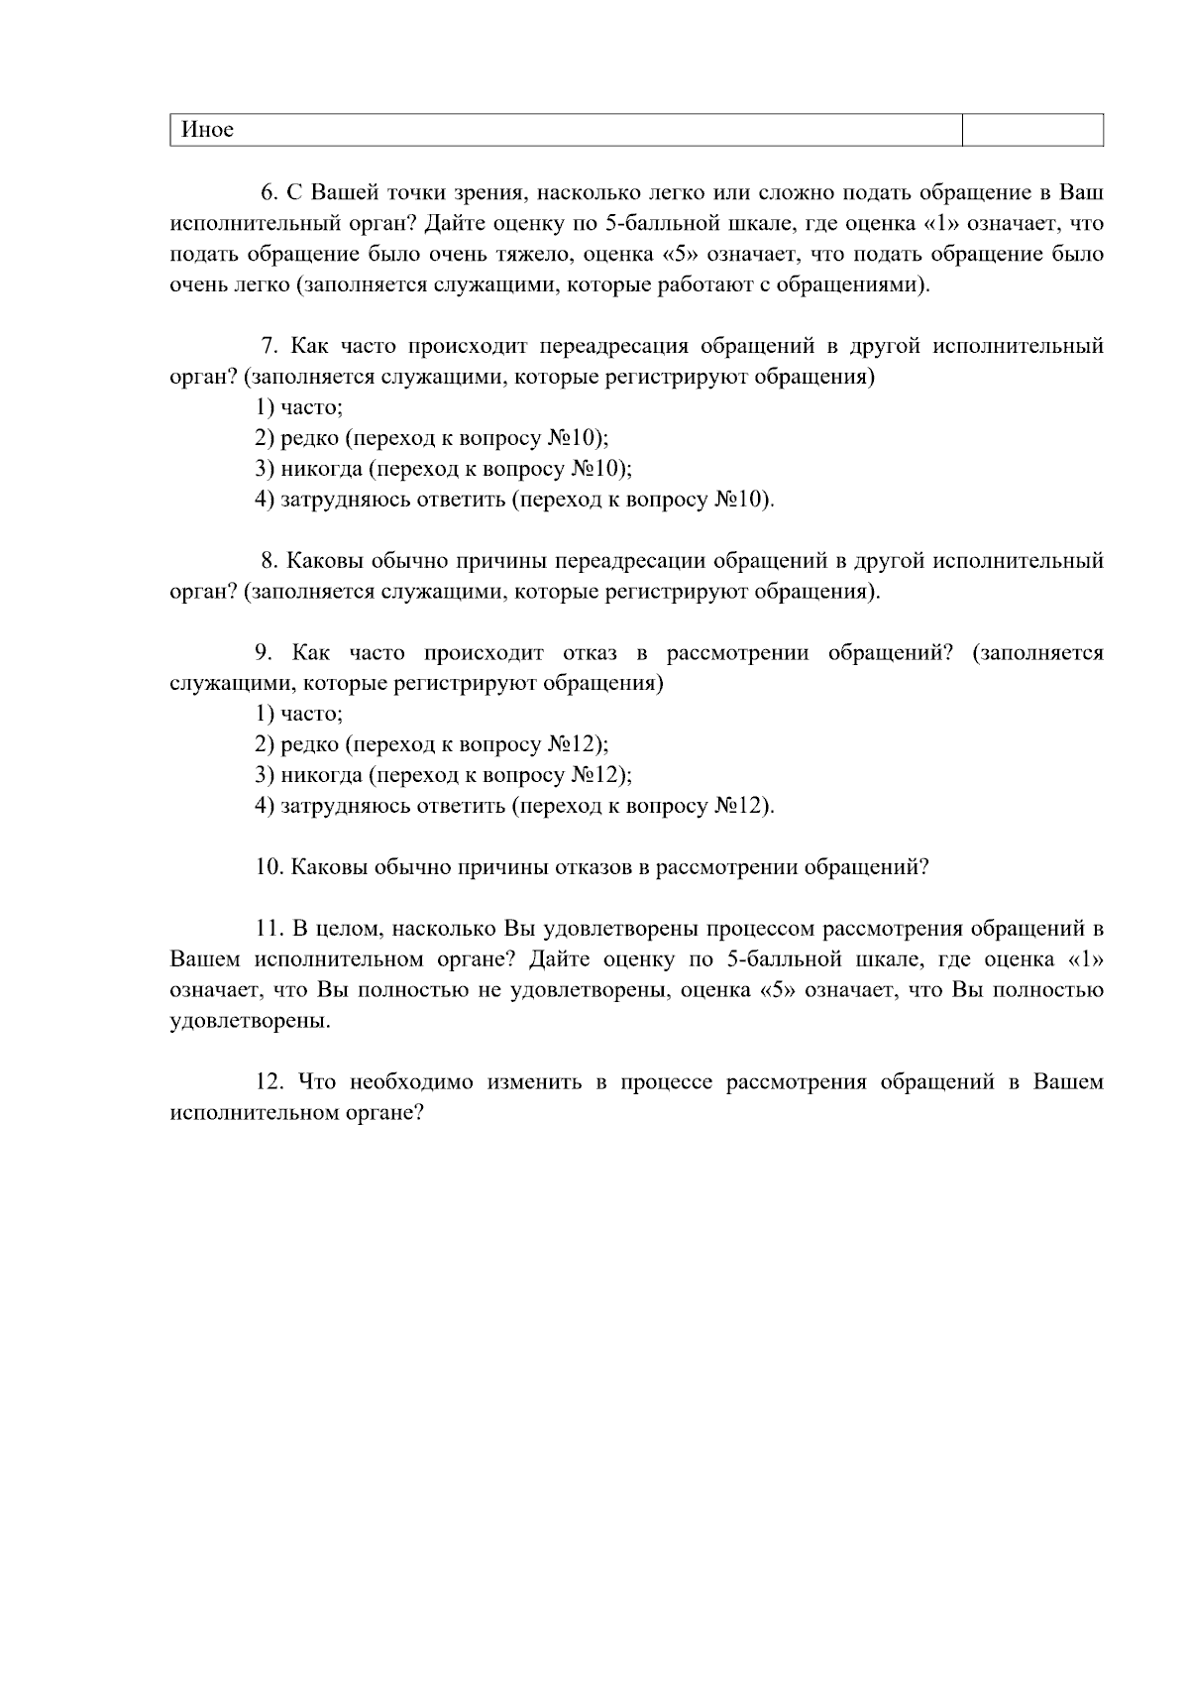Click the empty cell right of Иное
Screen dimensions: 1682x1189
[1032, 130]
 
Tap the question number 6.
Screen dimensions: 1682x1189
[268, 191]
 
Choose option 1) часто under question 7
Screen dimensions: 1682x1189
[299, 407]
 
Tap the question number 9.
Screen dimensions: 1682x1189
[264, 653]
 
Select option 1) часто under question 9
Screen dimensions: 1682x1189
[299, 714]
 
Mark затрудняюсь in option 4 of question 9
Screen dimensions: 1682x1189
[344, 806]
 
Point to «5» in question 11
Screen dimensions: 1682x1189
[777, 990]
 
